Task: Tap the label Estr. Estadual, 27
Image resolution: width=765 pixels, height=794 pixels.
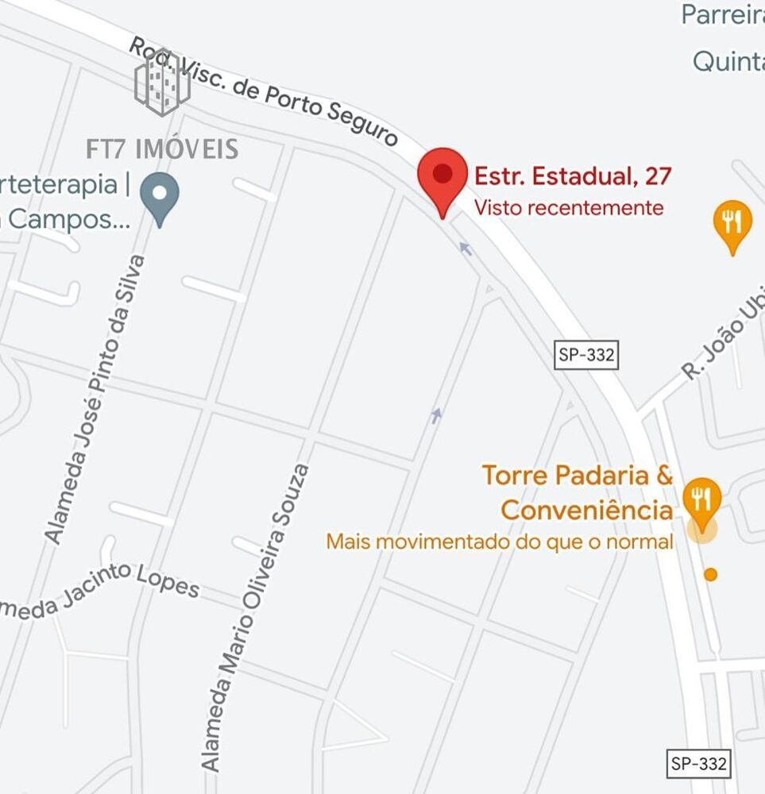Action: [573, 175]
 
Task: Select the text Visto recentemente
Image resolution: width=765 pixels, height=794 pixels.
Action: [568, 208]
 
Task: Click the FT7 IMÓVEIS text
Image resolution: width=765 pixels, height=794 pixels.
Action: [162, 148]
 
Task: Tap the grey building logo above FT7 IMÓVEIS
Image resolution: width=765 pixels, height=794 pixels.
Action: [162, 82]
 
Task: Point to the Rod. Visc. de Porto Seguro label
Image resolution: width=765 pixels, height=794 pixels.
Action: [263, 92]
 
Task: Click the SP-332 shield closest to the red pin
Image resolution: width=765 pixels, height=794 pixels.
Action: [586, 355]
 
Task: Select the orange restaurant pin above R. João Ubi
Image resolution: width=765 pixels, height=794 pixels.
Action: [732, 224]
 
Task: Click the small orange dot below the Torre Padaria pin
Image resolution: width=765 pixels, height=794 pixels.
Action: [711, 574]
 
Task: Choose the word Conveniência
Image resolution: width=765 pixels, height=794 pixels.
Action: [587, 510]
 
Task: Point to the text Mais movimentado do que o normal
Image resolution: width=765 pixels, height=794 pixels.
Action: [500, 542]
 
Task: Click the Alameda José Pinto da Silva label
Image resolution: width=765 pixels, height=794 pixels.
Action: [95, 400]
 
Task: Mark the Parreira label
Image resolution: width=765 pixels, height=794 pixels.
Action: [722, 15]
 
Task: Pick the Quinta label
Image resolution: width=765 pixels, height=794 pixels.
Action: [728, 61]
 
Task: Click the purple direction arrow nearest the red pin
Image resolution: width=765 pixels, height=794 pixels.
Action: [466, 249]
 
